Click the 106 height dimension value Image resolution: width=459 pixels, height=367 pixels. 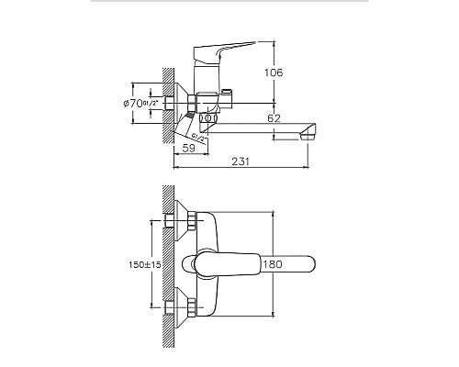tap(288, 72)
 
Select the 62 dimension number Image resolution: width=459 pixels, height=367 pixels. tap(275, 118)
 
